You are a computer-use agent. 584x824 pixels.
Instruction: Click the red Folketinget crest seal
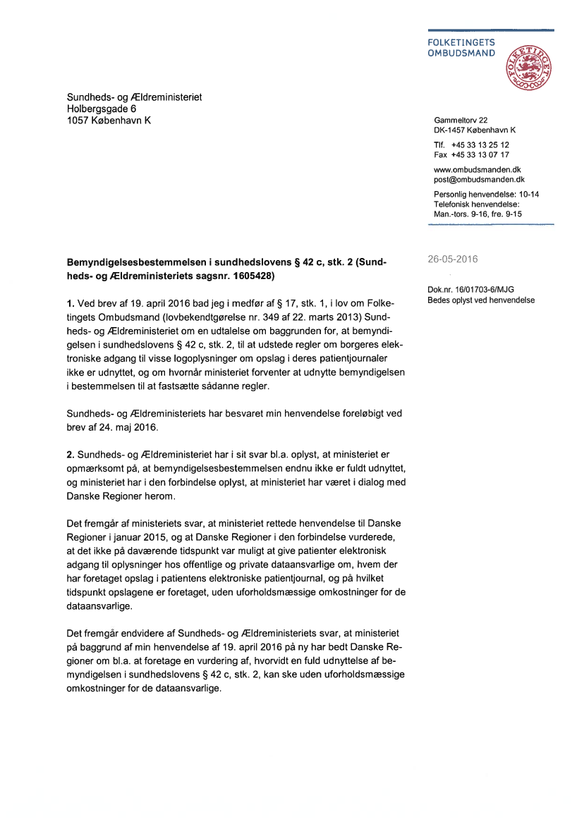pos(528,68)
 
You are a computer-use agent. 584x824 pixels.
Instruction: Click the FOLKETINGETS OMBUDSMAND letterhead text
pos(461,48)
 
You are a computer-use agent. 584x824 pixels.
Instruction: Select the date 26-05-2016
pos(452,259)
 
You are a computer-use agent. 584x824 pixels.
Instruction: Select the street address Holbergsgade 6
pos(102,109)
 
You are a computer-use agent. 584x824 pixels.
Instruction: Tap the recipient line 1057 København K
pos(109,121)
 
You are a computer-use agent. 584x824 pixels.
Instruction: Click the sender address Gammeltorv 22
pos(461,121)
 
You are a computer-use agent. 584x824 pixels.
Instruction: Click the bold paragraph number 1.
pos(70,304)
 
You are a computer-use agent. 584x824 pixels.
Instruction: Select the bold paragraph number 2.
pos(70,456)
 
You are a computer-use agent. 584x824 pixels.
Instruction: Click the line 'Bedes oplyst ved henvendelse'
pos(481,300)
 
